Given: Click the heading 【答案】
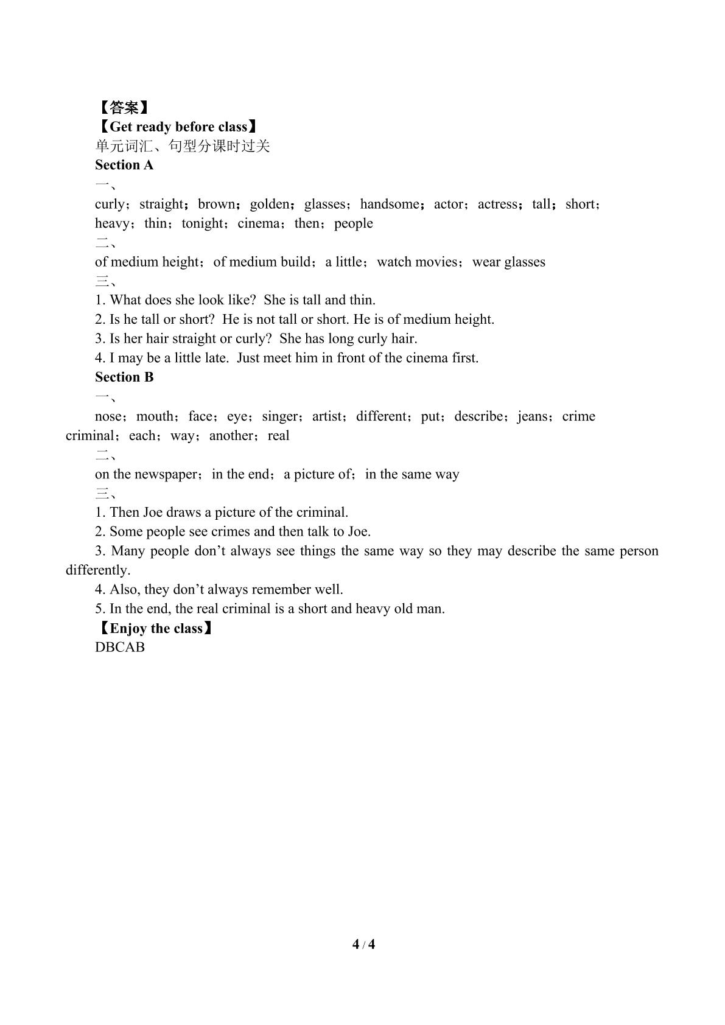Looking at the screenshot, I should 124,108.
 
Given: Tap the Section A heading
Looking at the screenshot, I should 124,165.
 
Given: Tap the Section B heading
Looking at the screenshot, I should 124,377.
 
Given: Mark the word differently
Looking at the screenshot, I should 97,570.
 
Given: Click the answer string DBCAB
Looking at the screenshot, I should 120,647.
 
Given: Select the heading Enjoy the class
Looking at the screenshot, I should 156,628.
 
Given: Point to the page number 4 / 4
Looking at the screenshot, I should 363,945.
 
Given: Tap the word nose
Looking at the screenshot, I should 110,416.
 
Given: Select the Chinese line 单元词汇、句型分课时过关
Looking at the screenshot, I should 182,146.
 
